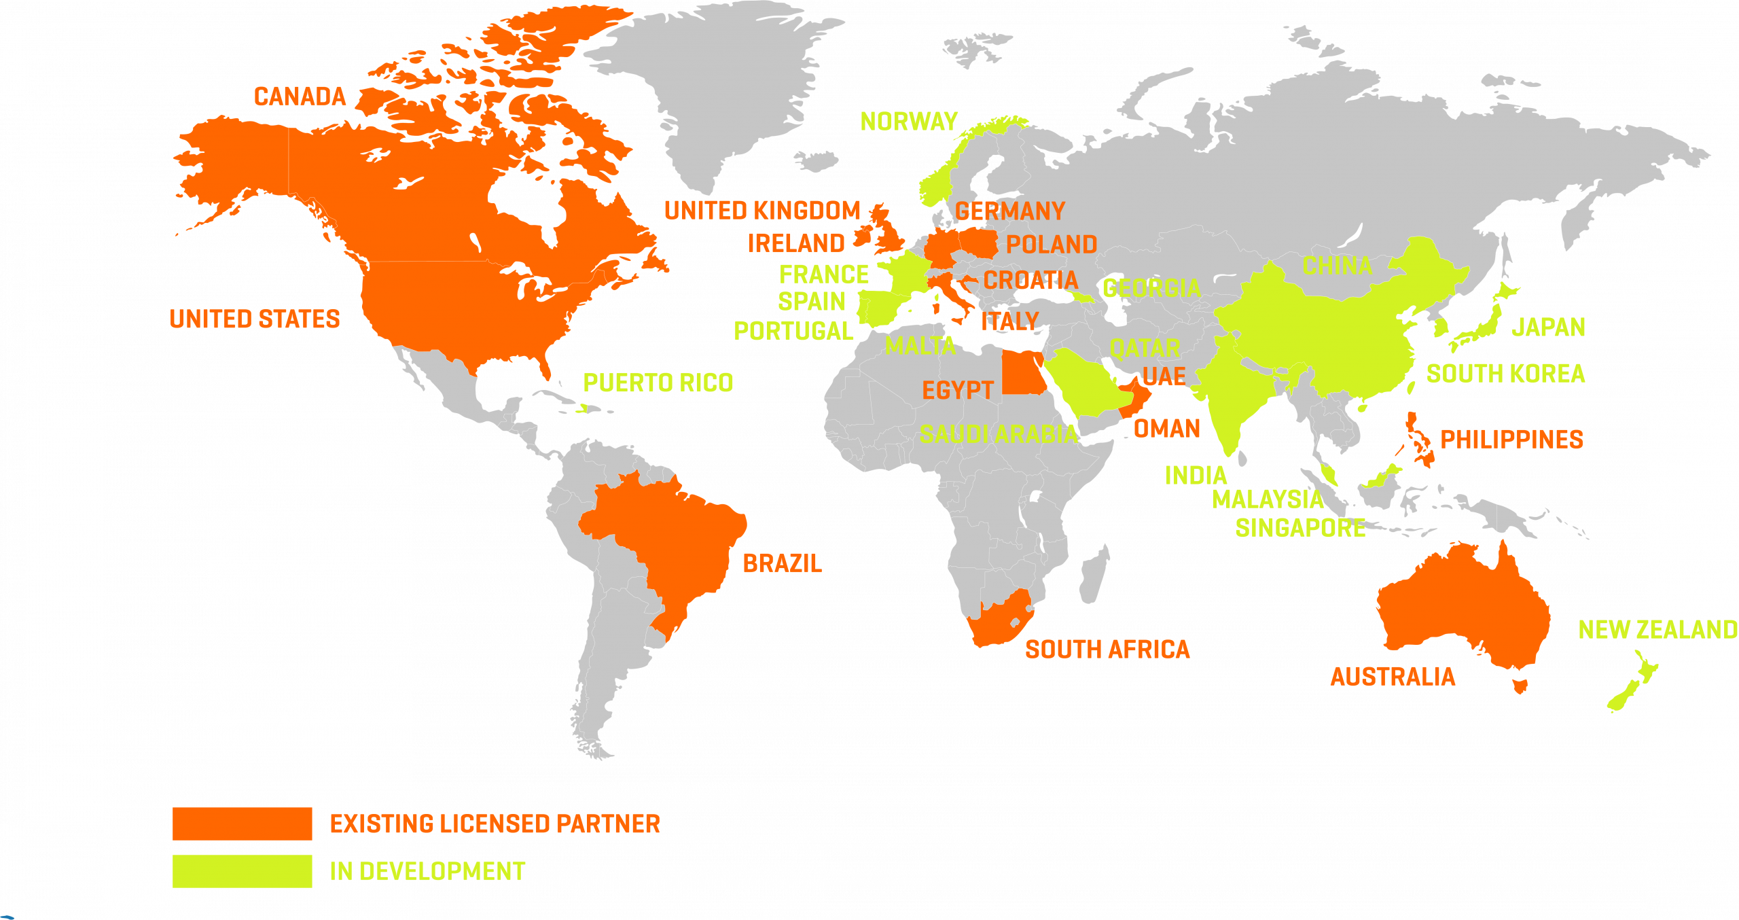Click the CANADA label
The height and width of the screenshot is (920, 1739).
pyautogui.click(x=300, y=96)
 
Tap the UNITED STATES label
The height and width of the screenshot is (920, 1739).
pyautogui.click(x=255, y=319)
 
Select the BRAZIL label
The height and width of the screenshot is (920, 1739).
pyautogui.click(x=783, y=563)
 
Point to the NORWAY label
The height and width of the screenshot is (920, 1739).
pyautogui.click(x=909, y=122)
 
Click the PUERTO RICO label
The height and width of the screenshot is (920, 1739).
pyautogui.click(x=658, y=383)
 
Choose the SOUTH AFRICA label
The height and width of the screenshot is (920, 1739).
pyautogui.click(x=1107, y=650)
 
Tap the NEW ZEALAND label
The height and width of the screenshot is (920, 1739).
pyautogui.click(x=1657, y=630)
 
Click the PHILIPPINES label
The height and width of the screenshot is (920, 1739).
pyautogui.click(x=1511, y=440)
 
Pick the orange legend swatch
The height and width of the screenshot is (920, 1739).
pyautogui.click(x=242, y=824)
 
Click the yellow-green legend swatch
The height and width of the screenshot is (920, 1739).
pyautogui.click(x=242, y=871)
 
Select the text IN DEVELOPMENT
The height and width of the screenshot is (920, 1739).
pyautogui.click(x=427, y=871)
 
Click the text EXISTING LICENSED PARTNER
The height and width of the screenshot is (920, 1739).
pyautogui.click(x=495, y=824)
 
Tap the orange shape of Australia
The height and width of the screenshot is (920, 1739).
pyautogui.click(x=1460, y=612)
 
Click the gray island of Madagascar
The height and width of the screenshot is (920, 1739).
pyautogui.click(x=1094, y=578)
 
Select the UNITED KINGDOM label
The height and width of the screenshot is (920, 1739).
pyautogui.click(x=762, y=211)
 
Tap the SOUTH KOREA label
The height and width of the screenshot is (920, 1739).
pyautogui.click(x=1505, y=374)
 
